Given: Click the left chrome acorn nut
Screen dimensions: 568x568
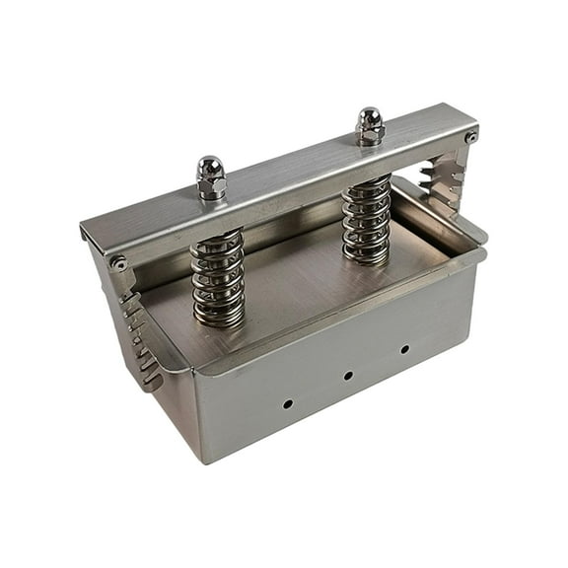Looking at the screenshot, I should click(x=211, y=177).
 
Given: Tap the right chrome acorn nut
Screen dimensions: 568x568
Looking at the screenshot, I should click(x=370, y=126).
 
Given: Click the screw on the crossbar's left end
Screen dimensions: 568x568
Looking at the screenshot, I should click(x=119, y=263).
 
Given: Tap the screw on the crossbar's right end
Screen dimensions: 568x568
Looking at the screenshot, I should click(x=471, y=137).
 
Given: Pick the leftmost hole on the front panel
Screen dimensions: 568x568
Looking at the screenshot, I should click(x=287, y=403).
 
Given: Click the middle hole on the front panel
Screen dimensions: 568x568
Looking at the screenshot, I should click(x=348, y=376).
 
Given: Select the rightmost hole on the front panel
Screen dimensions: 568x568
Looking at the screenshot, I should click(x=404, y=349).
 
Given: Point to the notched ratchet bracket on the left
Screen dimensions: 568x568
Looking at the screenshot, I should click(x=141, y=340).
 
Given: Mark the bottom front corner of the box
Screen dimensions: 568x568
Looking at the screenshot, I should click(x=205, y=461).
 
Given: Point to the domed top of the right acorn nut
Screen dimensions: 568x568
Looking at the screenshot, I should click(x=370, y=115).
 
